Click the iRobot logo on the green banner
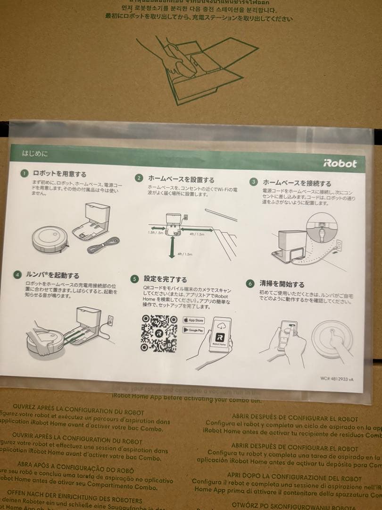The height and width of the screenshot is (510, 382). (340, 164)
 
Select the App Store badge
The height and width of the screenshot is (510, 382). (193, 320)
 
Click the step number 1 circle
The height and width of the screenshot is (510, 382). (24, 173)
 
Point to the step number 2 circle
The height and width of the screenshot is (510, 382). (139, 178)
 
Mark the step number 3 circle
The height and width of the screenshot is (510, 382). (253, 182)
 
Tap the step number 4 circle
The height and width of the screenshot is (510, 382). (17, 274)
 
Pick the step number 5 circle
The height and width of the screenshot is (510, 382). (134, 279)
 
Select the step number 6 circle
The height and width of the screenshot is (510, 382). (250, 283)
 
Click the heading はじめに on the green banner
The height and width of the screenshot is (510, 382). (35, 153)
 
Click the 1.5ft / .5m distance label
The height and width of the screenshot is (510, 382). (156, 233)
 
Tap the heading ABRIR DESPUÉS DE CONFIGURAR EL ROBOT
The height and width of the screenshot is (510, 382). (294, 419)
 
